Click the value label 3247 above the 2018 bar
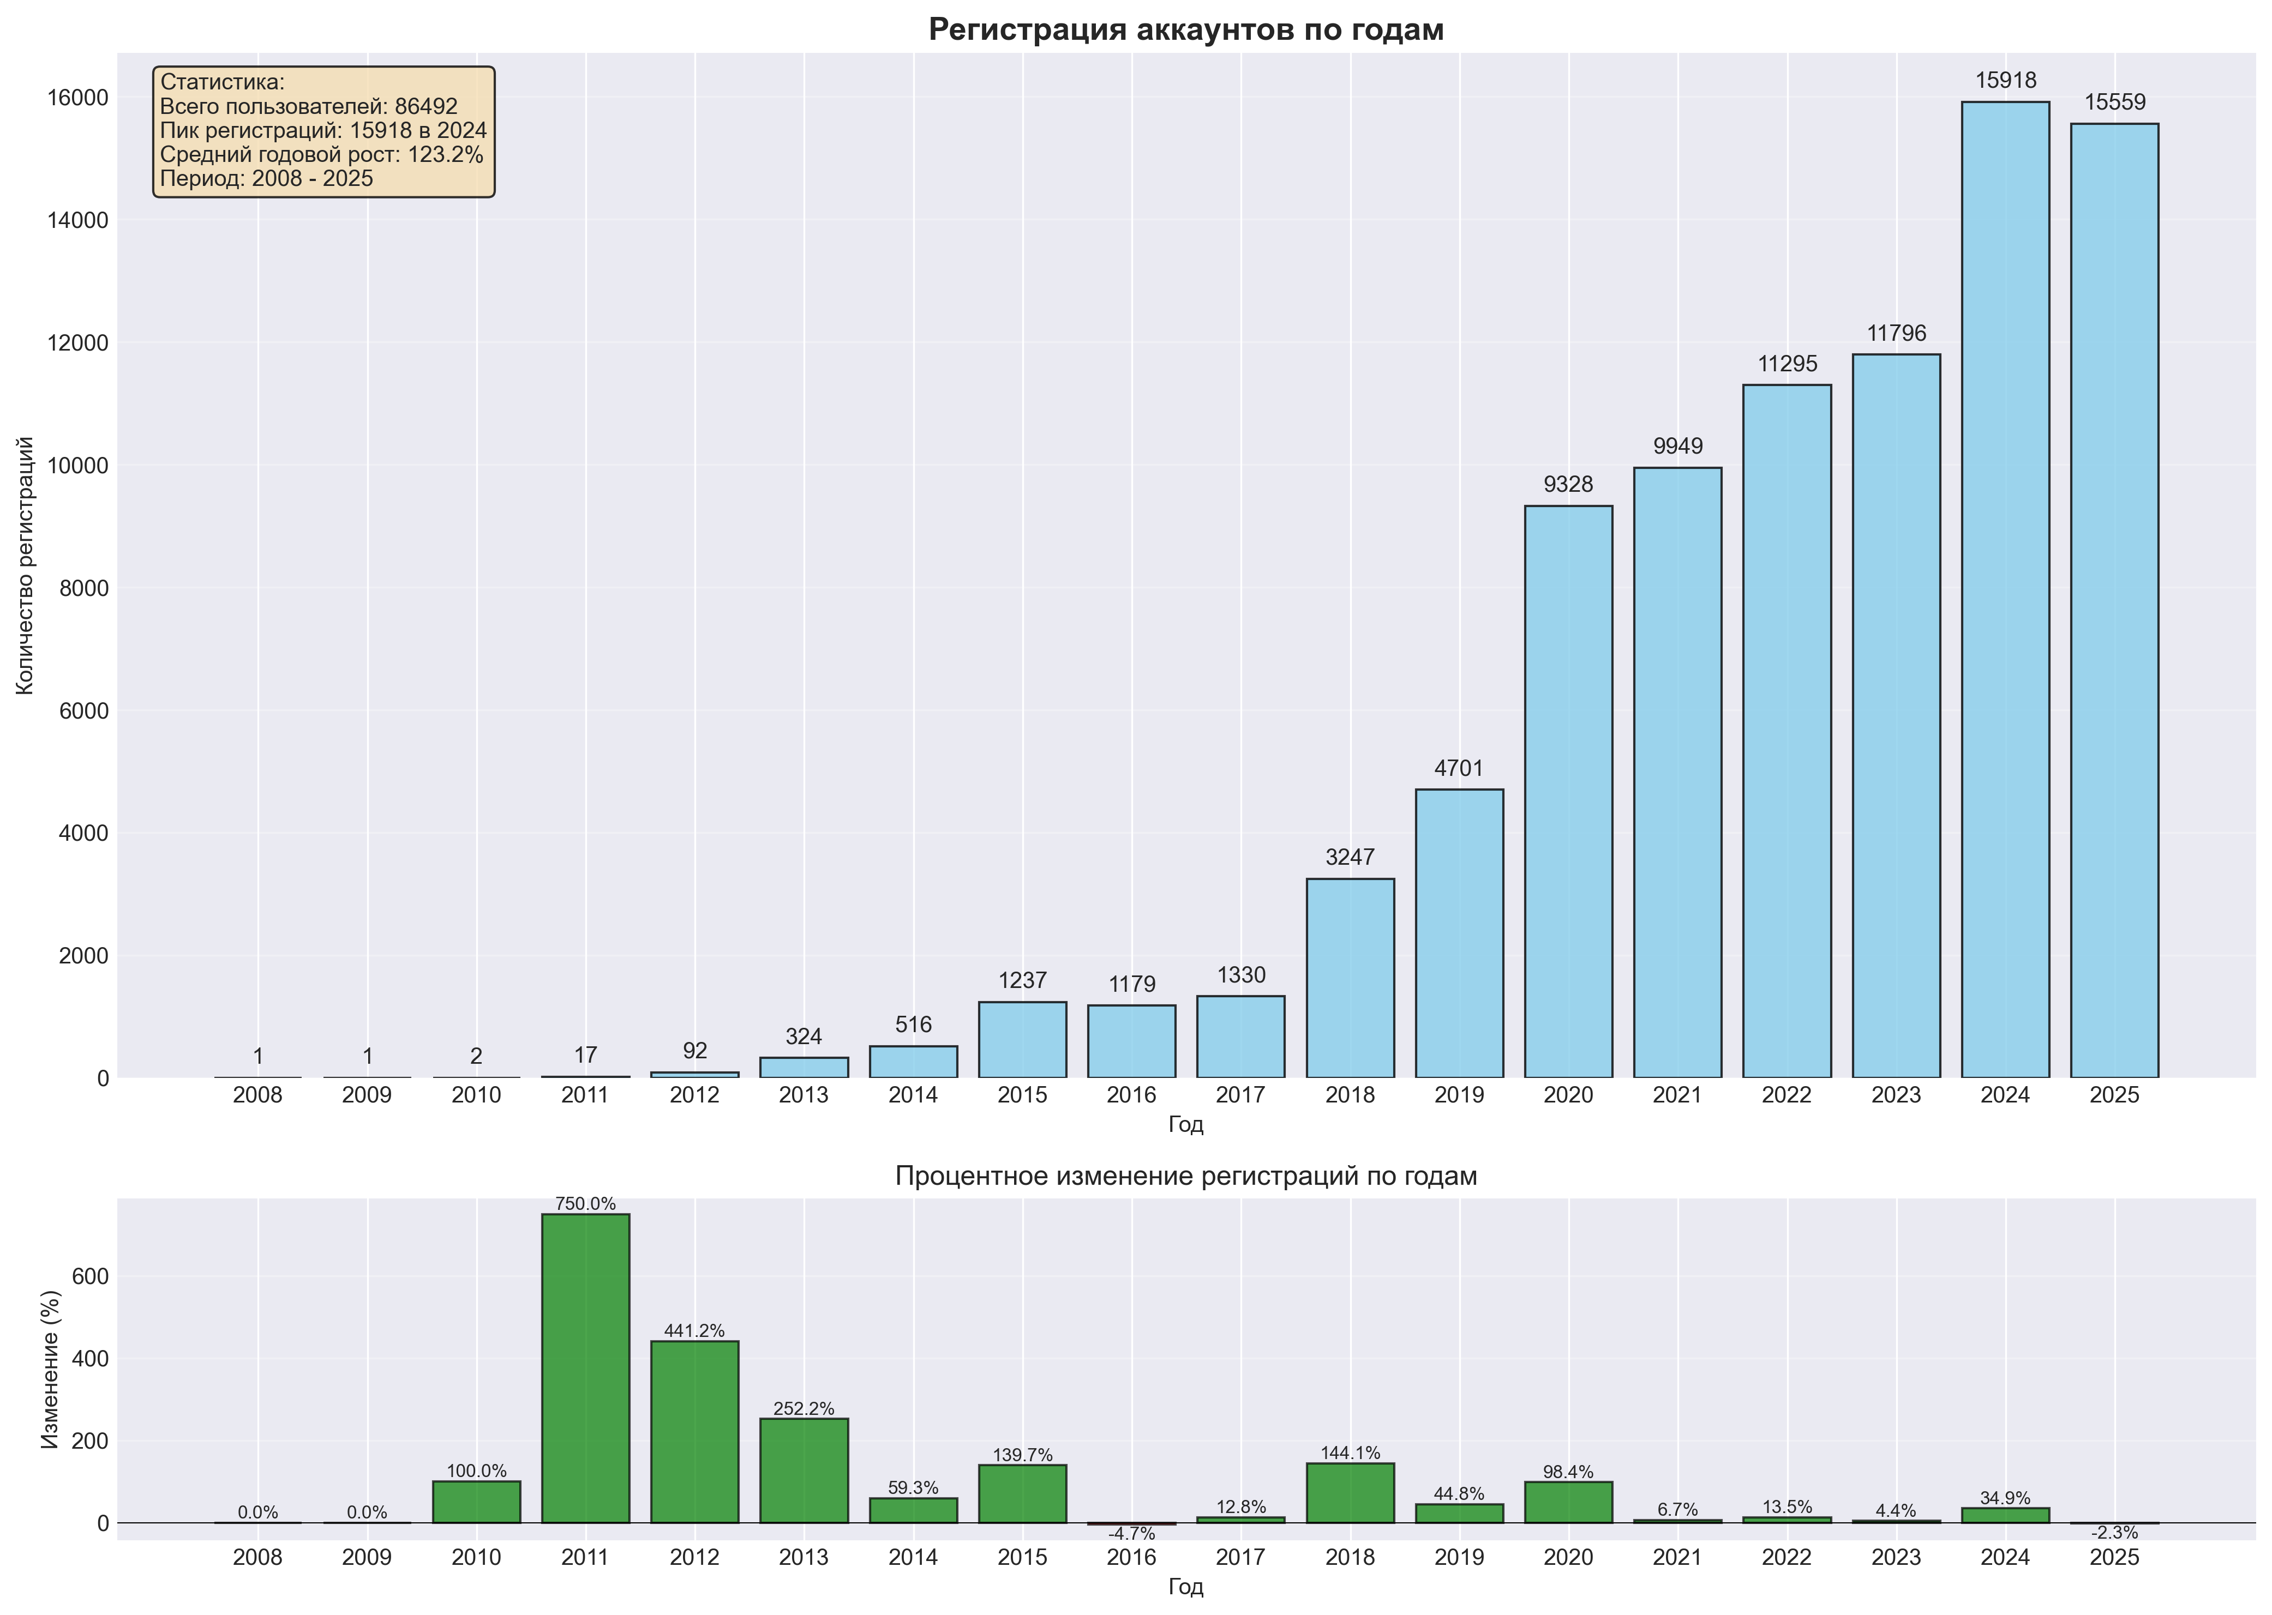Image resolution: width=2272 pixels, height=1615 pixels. click(1350, 857)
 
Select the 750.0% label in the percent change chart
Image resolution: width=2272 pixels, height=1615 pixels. click(585, 1204)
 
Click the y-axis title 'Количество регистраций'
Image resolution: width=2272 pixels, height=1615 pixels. click(26, 565)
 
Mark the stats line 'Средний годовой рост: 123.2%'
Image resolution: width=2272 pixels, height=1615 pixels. click(321, 154)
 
